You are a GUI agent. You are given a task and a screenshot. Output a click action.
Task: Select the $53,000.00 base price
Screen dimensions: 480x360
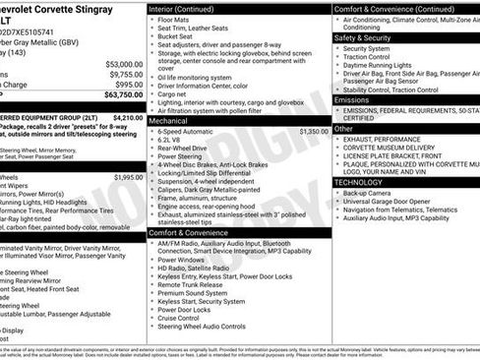[125, 64]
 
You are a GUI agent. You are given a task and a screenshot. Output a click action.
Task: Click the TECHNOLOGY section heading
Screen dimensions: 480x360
[358, 182]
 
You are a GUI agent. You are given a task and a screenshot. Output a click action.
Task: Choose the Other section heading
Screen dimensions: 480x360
[343, 129]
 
